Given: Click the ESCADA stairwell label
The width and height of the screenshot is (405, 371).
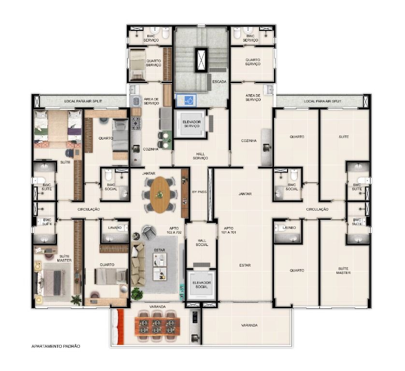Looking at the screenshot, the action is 219,82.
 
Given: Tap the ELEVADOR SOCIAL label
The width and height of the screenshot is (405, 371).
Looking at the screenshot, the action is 202,285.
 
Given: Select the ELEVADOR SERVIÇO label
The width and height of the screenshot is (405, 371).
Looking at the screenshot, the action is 192,124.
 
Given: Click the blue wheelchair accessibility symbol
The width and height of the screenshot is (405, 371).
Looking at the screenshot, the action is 190,100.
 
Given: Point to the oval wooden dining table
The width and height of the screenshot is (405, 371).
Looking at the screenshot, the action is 160,195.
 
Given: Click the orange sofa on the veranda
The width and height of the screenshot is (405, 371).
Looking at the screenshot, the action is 120,327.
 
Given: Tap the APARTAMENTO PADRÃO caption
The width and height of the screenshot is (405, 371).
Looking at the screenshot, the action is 56,346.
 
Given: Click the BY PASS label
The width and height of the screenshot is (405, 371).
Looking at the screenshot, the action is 200,192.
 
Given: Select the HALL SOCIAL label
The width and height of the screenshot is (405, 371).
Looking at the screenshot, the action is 202,243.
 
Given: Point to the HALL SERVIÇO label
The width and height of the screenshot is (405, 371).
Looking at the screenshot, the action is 200,156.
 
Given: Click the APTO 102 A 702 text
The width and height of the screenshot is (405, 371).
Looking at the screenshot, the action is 174,230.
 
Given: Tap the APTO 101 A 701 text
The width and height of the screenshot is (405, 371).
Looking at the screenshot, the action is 229,230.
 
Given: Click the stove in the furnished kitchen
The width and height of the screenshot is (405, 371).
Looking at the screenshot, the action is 136,123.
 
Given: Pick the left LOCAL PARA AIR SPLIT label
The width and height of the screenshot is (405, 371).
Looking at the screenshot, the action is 83,101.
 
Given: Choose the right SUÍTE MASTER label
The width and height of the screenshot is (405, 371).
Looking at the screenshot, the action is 343,271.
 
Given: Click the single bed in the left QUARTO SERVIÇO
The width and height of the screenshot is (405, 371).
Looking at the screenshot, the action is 137,65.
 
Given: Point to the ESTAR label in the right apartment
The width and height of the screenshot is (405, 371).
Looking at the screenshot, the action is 245,265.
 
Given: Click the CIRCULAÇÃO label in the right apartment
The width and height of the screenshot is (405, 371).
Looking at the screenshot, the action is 317,209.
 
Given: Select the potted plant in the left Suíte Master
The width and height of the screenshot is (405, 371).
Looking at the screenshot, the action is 76,300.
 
